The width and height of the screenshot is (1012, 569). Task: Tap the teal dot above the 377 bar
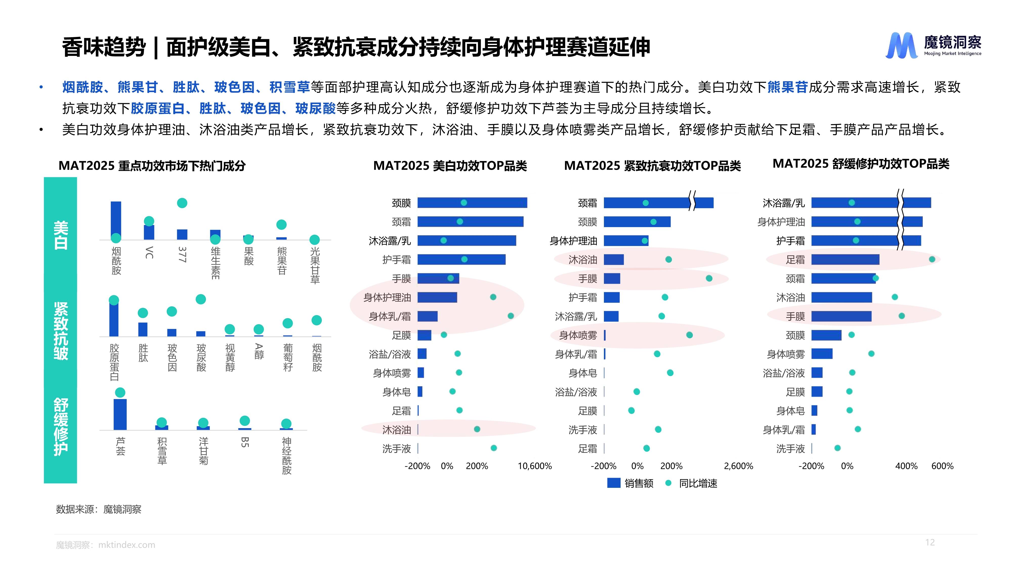[x=182, y=203]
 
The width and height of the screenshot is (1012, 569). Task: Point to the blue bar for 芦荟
[x=120, y=414]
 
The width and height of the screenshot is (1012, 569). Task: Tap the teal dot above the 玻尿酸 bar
[x=201, y=299]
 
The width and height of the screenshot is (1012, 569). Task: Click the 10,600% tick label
[x=535, y=466]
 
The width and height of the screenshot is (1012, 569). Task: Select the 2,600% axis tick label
[x=739, y=466]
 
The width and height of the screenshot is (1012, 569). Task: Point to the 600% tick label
[x=942, y=466]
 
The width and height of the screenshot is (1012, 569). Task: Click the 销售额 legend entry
[x=630, y=483]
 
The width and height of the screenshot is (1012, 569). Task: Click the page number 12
[x=930, y=542]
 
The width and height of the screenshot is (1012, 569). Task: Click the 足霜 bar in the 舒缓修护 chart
[x=845, y=259]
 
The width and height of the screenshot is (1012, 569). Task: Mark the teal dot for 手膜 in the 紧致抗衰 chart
[x=709, y=278]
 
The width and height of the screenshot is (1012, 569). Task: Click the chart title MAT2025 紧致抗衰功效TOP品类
[x=652, y=166]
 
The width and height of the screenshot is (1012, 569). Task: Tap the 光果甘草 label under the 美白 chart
[x=315, y=265]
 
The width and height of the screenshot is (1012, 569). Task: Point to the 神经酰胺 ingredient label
[x=287, y=455]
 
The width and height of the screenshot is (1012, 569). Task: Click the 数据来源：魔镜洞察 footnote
[x=99, y=509]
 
